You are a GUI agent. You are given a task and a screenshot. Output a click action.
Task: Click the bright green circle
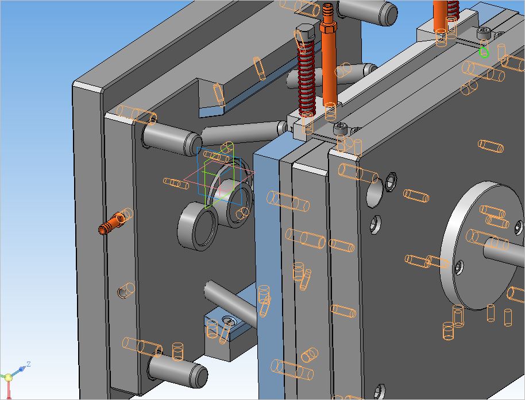click(484, 52)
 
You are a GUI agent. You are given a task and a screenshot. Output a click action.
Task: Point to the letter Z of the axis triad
click(29, 364)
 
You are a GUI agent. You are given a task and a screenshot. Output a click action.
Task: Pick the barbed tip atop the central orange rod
click(327, 12)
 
